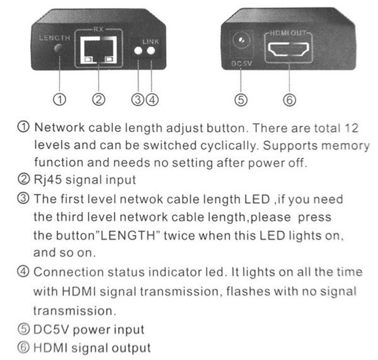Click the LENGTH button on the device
point(59,48)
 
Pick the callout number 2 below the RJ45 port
point(98,99)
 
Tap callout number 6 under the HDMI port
point(289,100)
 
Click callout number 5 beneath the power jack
point(241,100)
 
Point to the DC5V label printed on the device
point(241,63)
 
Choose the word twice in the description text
point(180,235)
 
